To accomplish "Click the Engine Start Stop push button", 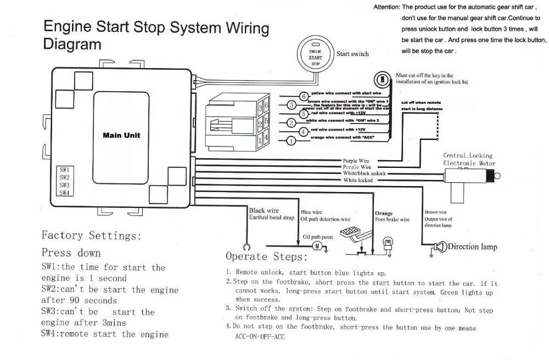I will pyautogui.click(x=315, y=54).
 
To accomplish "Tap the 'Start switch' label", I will pyautogui.click(x=352, y=54).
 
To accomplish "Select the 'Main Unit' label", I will pyautogui.click(x=121, y=135).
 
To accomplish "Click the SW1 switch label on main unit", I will pyautogui.click(x=64, y=170).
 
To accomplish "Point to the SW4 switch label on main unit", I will pyautogui.click(x=64, y=193).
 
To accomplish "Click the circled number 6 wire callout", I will pyautogui.click(x=303, y=96).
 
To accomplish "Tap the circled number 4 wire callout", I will pyautogui.click(x=303, y=132).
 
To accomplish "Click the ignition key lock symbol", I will pyautogui.click(x=379, y=79).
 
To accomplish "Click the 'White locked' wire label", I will pyautogui.click(x=358, y=180).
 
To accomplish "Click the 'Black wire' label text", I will pyautogui.click(x=264, y=211).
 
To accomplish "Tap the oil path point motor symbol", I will pyautogui.click(x=317, y=245).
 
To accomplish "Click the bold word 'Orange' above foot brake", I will pyautogui.click(x=384, y=213).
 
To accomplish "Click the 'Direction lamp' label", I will pyautogui.click(x=473, y=247).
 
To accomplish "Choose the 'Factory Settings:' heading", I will pyautogui.click(x=91, y=236).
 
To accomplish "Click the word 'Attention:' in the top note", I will pyautogui.click(x=386, y=8).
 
